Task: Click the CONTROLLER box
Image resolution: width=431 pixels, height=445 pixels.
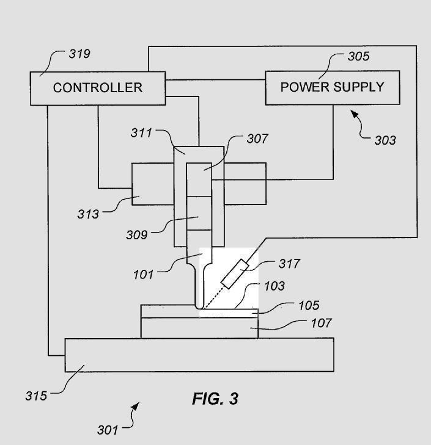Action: pyautogui.click(x=98, y=87)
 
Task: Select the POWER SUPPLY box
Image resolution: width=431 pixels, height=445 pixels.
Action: pyautogui.click(x=332, y=87)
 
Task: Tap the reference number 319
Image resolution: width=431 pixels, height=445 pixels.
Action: pyautogui.click(x=79, y=54)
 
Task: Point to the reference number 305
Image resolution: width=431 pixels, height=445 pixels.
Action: pyautogui.click(x=358, y=57)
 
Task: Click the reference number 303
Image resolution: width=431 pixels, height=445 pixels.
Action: pyautogui.click(x=385, y=140)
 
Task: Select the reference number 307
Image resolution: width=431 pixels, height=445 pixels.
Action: pyautogui.click(x=257, y=139)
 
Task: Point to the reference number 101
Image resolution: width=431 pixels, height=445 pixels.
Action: pyautogui.click(x=144, y=273)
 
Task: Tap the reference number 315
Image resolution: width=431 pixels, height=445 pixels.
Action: pyautogui.click(x=36, y=396)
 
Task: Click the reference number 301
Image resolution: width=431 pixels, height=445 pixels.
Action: pyautogui.click(x=108, y=430)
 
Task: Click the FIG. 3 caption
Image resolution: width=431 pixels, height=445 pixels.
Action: pyautogui.click(x=215, y=399)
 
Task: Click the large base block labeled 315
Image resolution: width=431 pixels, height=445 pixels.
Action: pyautogui.click(x=199, y=354)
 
